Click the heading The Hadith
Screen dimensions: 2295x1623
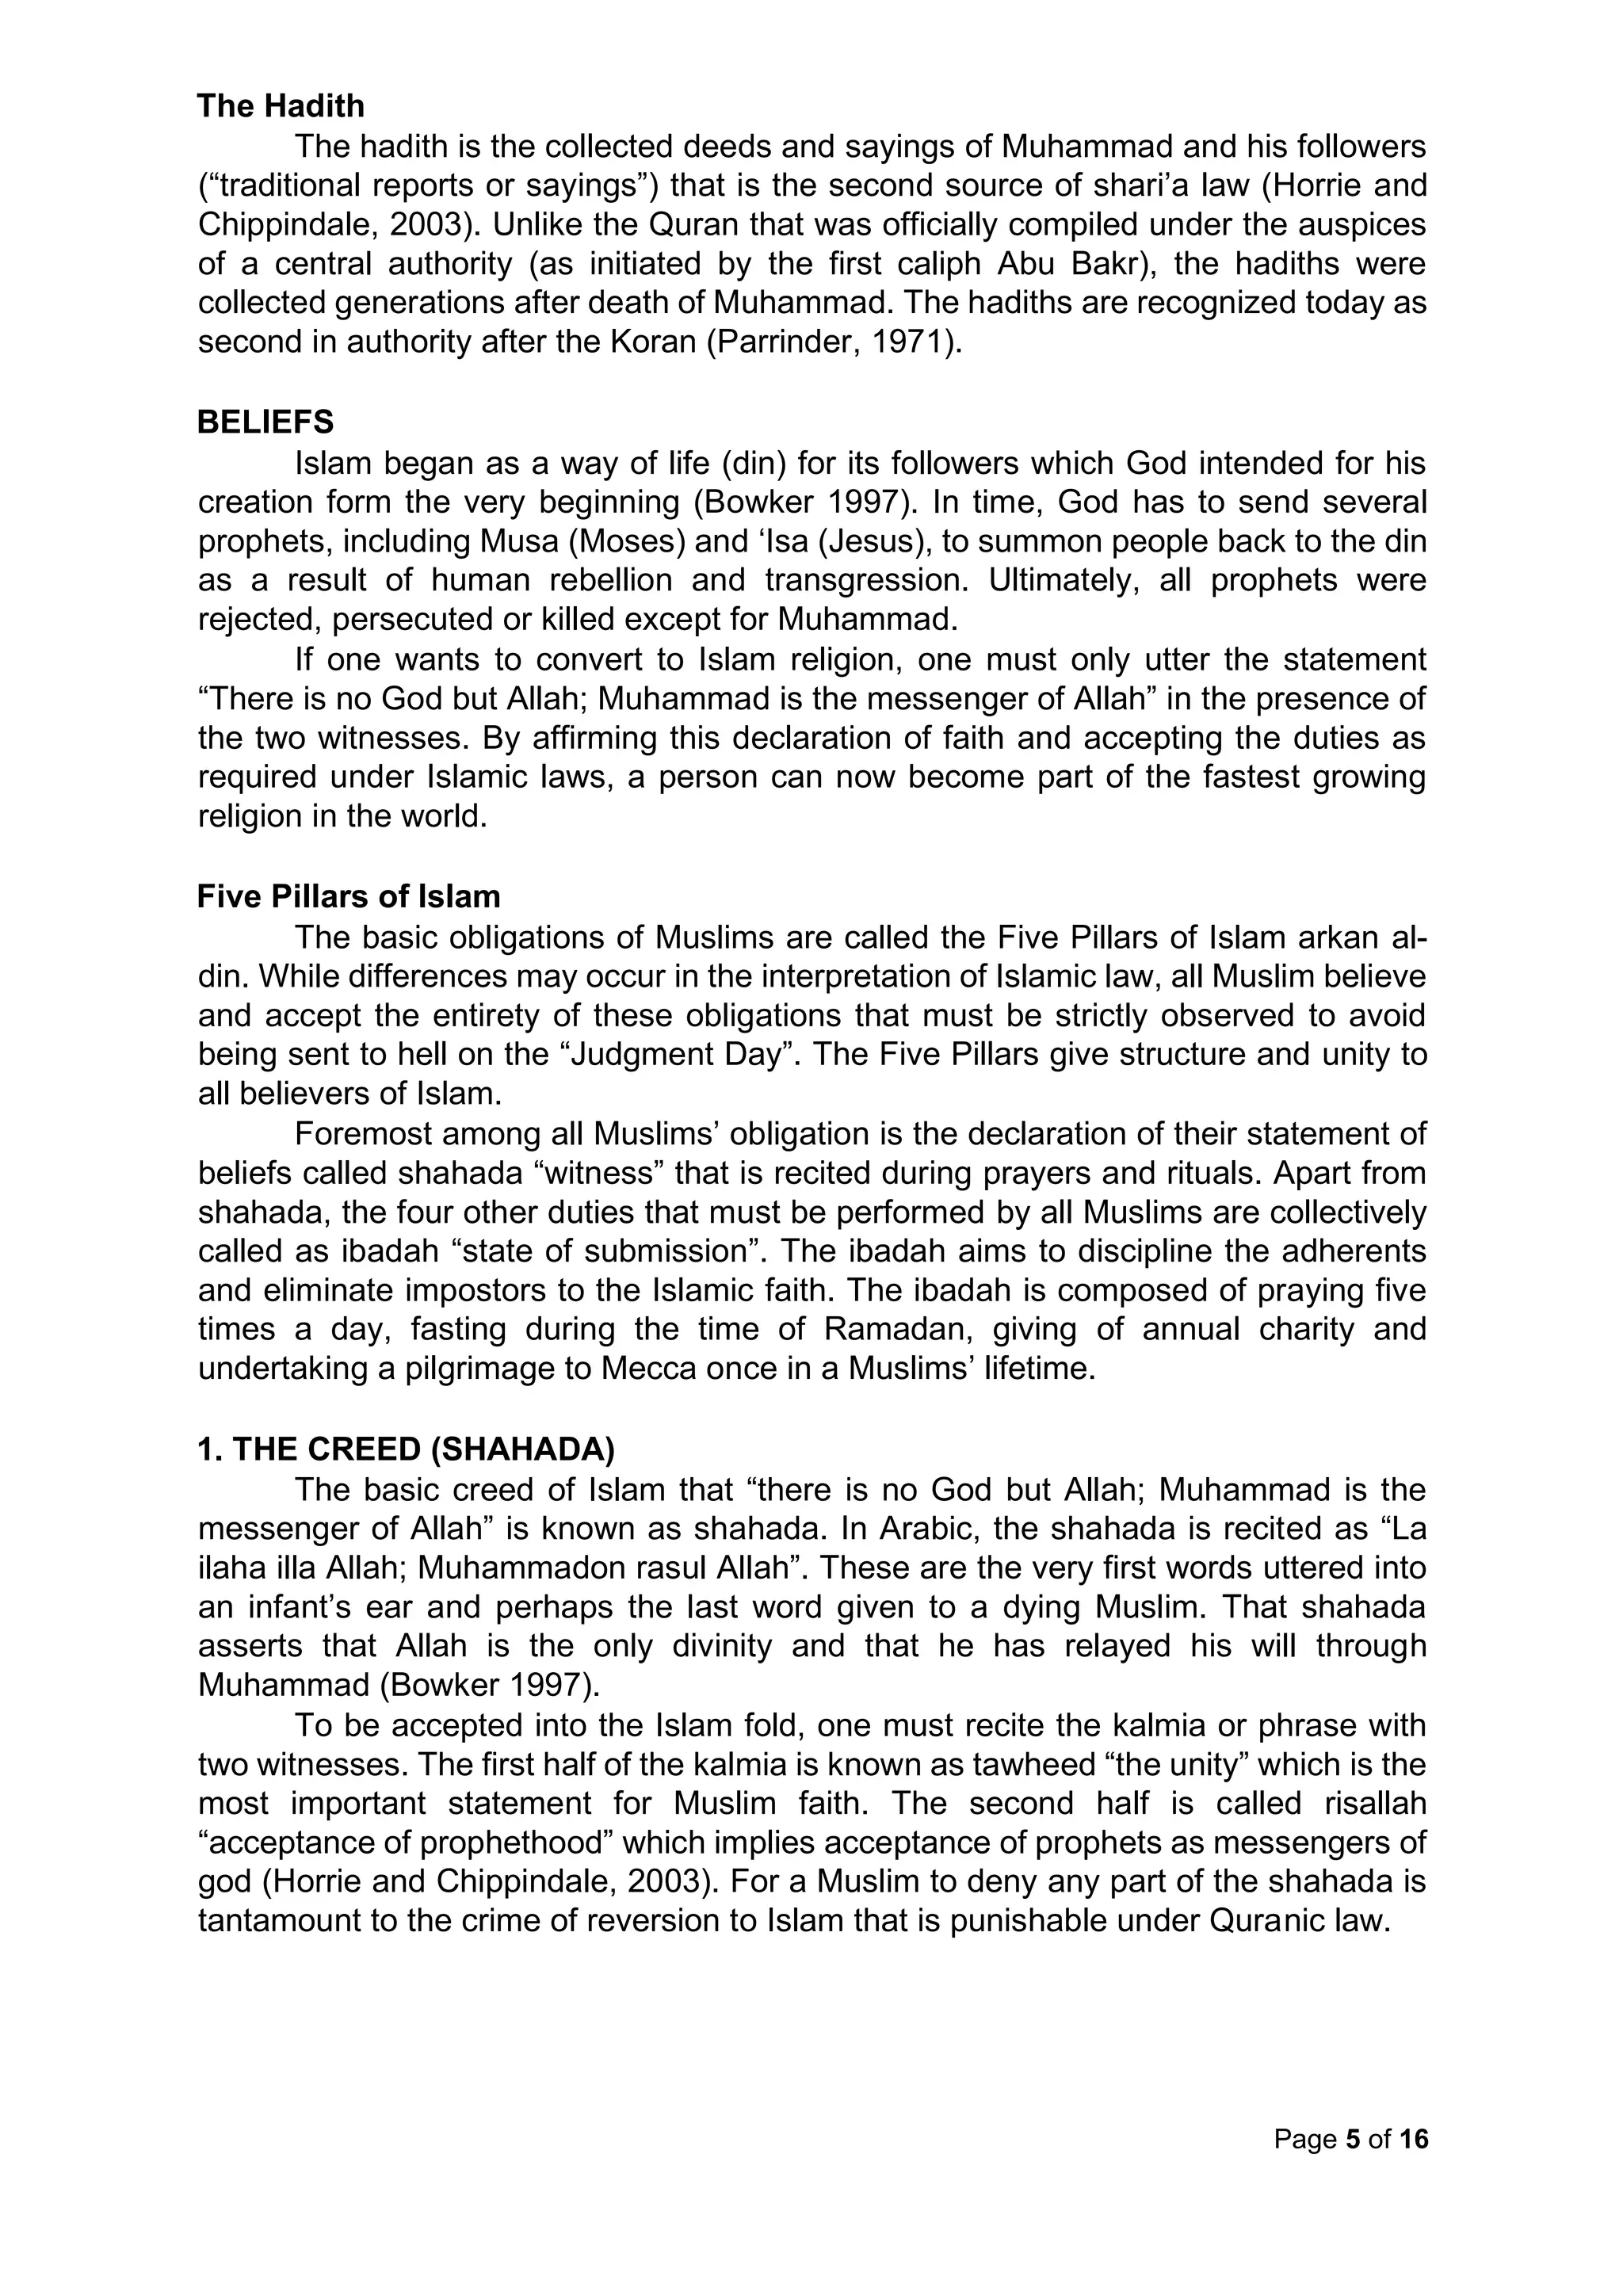tap(281, 106)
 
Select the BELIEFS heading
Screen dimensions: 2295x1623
tap(265, 423)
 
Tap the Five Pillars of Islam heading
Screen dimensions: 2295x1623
tap(349, 896)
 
